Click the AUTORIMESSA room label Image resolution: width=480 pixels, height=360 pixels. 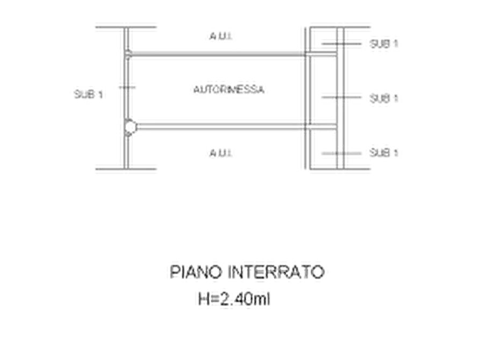click(x=229, y=89)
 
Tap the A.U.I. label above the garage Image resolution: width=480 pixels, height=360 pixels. click(x=221, y=37)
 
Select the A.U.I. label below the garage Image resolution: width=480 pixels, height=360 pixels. click(x=221, y=153)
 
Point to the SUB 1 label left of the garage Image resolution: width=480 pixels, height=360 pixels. click(x=89, y=94)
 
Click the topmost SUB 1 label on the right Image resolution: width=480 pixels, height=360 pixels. click(x=384, y=44)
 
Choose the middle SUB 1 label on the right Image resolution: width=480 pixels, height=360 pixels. click(x=384, y=98)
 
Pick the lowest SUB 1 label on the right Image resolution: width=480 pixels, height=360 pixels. click(x=384, y=153)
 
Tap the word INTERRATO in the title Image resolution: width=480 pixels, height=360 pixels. click(x=276, y=272)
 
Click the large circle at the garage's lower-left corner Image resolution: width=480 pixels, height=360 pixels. click(x=131, y=127)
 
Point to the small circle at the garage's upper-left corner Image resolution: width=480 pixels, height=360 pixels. click(x=128, y=54)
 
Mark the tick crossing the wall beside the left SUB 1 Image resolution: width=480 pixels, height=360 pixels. click(x=127, y=88)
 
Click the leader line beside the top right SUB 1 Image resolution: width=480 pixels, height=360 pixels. click(x=341, y=44)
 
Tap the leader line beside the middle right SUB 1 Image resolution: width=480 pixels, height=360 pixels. click(x=341, y=97)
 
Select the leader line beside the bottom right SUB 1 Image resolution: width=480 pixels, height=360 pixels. click(x=341, y=153)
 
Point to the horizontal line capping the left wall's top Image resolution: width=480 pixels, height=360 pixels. click(x=126, y=27)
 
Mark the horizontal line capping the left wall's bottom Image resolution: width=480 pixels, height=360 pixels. click(x=126, y=169)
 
